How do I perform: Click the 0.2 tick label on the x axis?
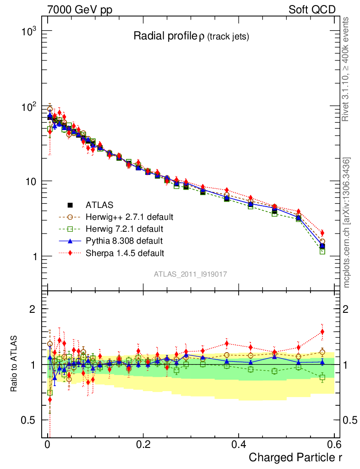tap(143, 444)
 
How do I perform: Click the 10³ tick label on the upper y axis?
tap(29, 31)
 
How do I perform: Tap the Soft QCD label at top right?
tap(312, 10)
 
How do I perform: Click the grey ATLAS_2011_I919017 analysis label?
tap(191, 274)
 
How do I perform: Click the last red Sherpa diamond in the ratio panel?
tap(322, 332)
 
